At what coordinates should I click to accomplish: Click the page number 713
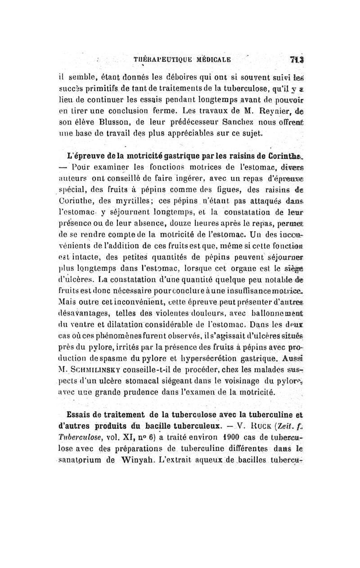[296, 59]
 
